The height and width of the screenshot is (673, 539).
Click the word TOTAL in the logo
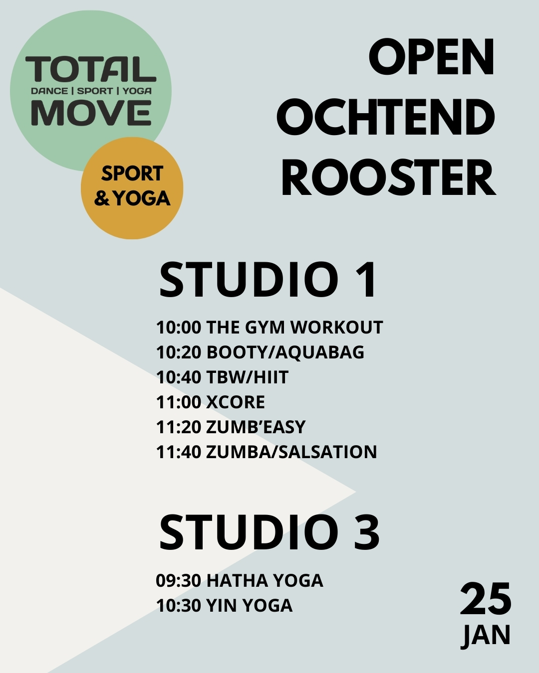[90, 69]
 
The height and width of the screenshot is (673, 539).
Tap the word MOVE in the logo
[91, 113]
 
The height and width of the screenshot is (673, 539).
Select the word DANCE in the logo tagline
[49, 91]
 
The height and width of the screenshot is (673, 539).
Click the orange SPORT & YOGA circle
[132, 188]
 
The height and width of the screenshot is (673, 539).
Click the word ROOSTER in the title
[388, 177]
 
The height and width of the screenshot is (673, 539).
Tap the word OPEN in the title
[432, 57]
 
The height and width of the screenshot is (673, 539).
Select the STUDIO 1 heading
[268, 280]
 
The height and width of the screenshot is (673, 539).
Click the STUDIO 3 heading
[269, 532]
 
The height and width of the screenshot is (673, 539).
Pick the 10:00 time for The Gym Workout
[179, 328]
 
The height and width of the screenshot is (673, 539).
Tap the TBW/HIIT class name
[247, 377]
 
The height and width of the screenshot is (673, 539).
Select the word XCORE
[236, 402]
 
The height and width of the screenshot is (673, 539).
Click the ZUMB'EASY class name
[256, 427]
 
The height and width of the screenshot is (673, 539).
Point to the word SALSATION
[327, 452]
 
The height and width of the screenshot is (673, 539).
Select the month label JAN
[486, 636]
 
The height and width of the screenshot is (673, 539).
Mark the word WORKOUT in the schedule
[337, 328]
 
